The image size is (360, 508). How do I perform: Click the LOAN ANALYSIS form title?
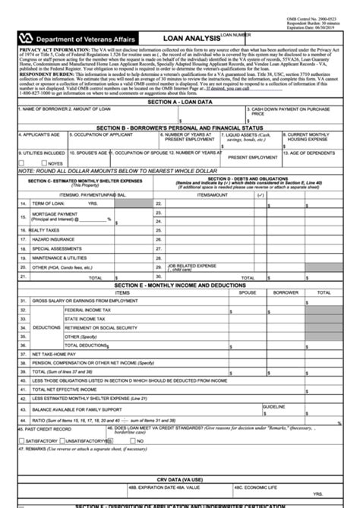tap(191, 36)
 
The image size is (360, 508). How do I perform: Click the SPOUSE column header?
tap(248, 292)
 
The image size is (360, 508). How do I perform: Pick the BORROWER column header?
tap(286, 292)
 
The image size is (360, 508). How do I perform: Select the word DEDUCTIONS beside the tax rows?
tap(46, 327)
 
